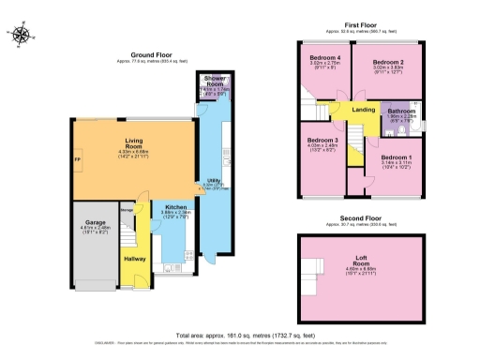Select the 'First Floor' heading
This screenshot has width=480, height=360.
362,25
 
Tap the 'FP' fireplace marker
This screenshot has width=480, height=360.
77,161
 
